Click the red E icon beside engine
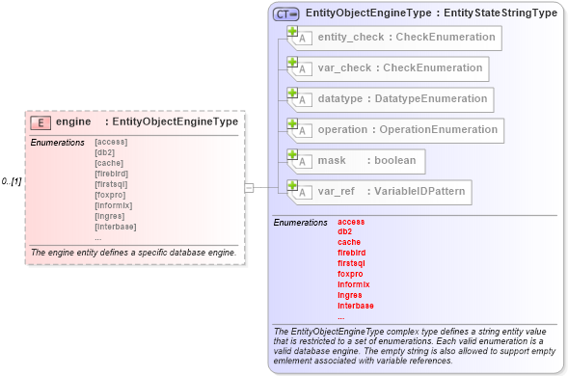[41, 122]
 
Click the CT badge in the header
[286, 13]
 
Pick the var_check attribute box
[388, 68]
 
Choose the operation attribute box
[395, 130]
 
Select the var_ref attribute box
[380, 192]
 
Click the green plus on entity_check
[292, 31]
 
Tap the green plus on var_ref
[292, 185]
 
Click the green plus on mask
[292, 154]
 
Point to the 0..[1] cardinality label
[12, 181]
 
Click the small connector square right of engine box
[249, 188]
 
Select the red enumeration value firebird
[352, 253]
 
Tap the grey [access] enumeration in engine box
[111, 142]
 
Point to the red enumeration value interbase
[356, 306]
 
